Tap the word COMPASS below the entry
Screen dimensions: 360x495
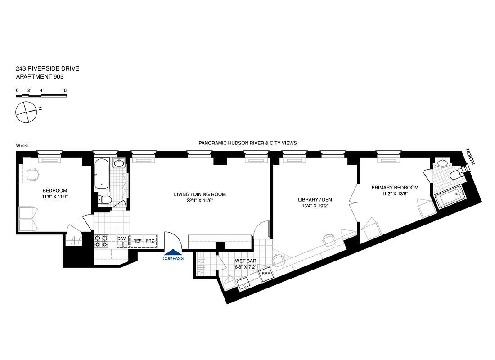(173, 258)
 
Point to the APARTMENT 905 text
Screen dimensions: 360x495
(39, 77)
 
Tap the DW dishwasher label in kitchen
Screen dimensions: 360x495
(121, 238)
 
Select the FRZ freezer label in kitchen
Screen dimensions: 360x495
(150, 241)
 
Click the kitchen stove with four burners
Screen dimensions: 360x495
(101, 241)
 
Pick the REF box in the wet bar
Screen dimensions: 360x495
(265, 274)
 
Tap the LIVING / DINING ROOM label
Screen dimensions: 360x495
(200, 194)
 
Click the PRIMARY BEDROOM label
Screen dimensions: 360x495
(395, 188)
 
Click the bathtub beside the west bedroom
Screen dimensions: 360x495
(102, 175)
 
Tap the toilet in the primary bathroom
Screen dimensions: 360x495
(459, 174)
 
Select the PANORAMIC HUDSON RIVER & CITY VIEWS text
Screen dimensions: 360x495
(247, 143)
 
